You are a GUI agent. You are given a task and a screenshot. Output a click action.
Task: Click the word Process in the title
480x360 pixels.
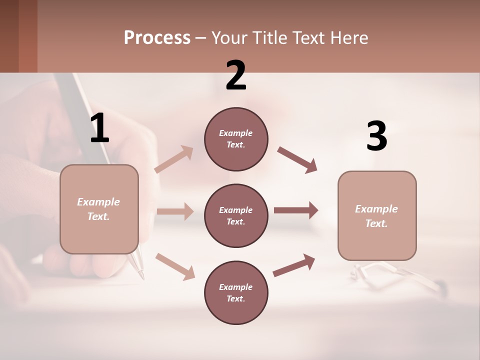[157, 37]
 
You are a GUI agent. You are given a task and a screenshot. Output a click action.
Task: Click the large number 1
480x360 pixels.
[99, 128]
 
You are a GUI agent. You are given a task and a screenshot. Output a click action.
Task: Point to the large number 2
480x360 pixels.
[236, 75]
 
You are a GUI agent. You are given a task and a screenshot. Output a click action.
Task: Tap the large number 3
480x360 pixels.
[376, 136]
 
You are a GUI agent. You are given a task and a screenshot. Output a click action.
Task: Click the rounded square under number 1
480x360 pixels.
[99, 209]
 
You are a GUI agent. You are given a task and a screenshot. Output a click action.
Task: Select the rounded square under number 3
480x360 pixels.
[377, 215]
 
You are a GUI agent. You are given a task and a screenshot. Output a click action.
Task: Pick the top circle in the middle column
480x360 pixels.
[236, 139]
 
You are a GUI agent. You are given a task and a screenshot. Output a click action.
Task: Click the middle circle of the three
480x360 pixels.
[236, 215]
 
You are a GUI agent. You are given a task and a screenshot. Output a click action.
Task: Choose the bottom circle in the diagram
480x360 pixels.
[236, 292]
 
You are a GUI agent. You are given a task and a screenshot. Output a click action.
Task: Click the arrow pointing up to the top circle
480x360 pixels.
[174, 159]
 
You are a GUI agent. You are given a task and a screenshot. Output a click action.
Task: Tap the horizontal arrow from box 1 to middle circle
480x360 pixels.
[175, 211]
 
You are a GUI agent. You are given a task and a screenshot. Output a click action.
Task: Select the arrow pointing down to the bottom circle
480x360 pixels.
[175, 266]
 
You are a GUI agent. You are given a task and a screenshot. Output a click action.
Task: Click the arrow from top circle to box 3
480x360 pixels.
[297, 160]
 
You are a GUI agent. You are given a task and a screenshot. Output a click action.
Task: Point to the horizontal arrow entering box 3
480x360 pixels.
[296, 210]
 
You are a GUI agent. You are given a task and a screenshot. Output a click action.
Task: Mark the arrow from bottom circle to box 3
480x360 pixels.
[294, 265]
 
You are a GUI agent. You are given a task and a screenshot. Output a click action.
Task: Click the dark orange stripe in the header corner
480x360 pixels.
[28, 36]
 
